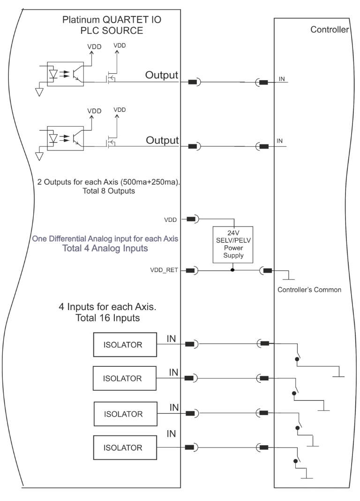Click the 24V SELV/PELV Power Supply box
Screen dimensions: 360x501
point(232,245)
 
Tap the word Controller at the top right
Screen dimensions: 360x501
point(330,30)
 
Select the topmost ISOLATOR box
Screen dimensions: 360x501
point(125,344)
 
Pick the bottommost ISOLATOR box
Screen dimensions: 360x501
point(125,448)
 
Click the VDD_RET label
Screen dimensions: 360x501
point(164,270)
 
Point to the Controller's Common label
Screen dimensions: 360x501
point(309,290)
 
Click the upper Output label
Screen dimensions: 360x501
point(162,75)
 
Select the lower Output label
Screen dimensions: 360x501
point(162,140)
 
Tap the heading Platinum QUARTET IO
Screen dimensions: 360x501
point(112,20)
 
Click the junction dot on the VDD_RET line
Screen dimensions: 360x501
point(232,270)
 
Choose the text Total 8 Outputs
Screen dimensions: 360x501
point(109,191)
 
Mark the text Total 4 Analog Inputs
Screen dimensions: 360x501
point(105,248)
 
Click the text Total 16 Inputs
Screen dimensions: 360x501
point(107,318)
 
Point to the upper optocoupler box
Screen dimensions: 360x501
point(66,74)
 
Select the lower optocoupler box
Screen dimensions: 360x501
point(66,138)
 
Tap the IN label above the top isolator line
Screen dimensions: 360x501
point(171,339)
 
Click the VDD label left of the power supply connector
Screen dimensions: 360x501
point(171,220)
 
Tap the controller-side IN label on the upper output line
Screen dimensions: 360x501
point(282,79)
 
